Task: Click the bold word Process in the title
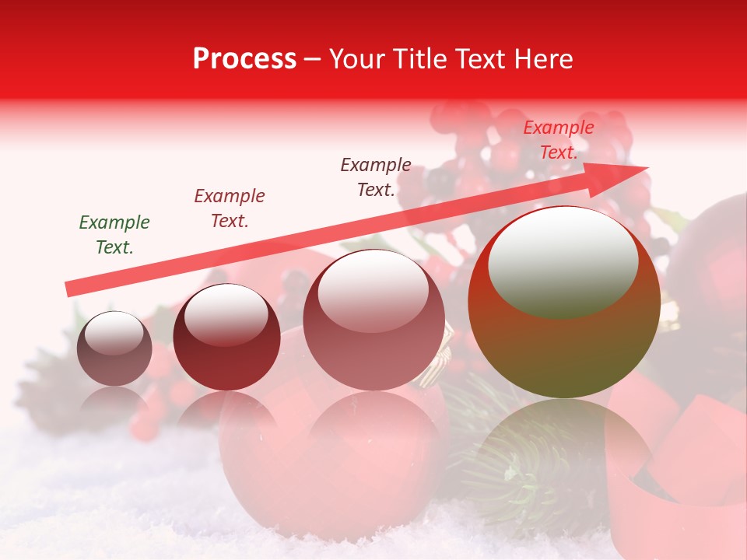click(x=244, y=59)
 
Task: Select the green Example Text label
click(x=114, y=234)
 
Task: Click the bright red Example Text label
click(x=558, y=140)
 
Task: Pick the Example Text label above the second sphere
click(x=230, y=208)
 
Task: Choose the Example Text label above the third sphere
click(x=376, y=177)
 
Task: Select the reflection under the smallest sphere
click(x=114, y=401)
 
